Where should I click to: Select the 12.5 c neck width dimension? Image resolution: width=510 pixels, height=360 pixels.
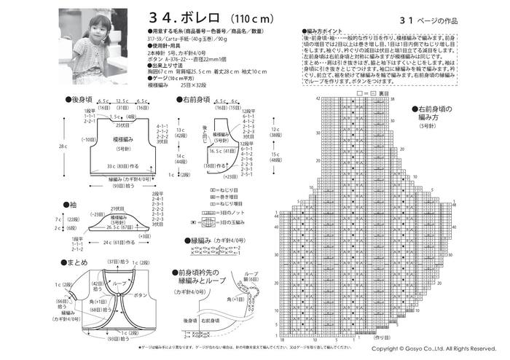(122, 102)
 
